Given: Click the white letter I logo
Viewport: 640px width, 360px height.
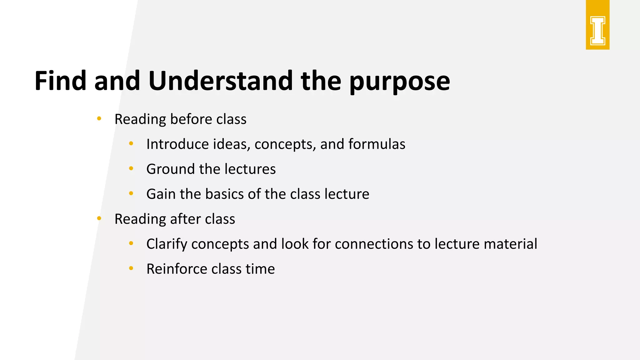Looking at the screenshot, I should pos(597,31).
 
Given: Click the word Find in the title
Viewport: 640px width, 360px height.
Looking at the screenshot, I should pos(60,81).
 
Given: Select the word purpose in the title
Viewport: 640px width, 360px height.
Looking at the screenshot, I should pos(399,82).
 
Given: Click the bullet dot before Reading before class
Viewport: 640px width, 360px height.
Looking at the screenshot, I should pos(99,118).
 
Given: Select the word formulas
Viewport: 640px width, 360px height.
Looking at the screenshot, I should pos(377,144).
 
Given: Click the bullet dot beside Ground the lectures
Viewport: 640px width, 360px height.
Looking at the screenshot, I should pos(131,168).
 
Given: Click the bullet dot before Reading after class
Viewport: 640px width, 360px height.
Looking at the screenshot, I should pos(99,218).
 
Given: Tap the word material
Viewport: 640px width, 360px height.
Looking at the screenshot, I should pos(510,244).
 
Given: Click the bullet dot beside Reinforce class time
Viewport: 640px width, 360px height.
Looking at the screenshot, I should pos(131,268).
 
